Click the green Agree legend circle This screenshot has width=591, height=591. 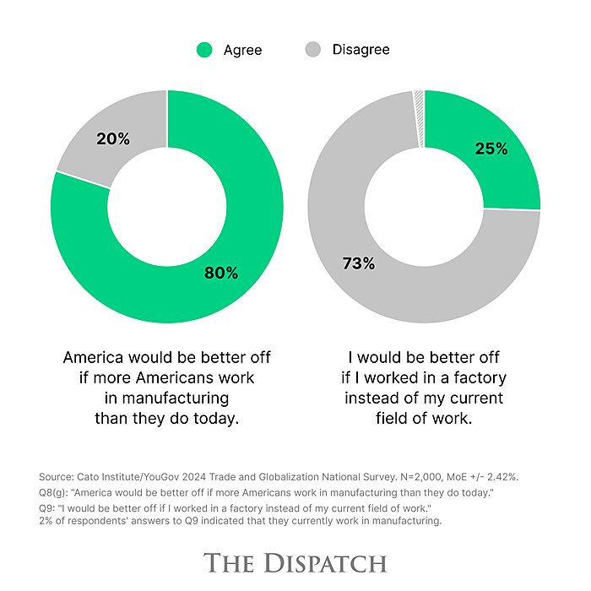coord(203,50)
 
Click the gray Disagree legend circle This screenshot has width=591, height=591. coord(312,50)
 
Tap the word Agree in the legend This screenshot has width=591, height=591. coord(242,50)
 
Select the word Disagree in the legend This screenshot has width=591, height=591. coord(361,50)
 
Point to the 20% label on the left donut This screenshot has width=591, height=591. coord(113,139)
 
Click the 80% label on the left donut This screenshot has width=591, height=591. coord(221,273)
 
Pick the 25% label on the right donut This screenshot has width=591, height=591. coord(491,149)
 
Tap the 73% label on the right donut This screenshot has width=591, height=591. coord(358,263)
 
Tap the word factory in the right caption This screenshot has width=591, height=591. coord(474,377)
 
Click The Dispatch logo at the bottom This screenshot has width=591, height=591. coord(295,563)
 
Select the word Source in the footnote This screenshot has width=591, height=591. coord(57,477)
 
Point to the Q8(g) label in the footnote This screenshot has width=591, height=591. coord(56,493)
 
